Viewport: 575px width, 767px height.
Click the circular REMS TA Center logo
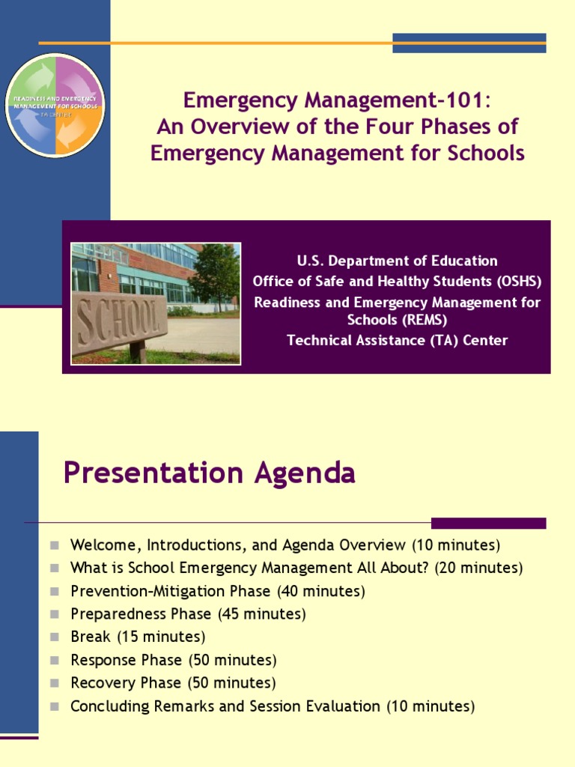tap(55, 105)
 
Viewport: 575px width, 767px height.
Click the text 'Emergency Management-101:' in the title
tap(337, 100)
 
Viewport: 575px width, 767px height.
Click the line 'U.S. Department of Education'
tap(397, 261)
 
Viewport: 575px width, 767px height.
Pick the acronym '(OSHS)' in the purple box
tap(515, 282)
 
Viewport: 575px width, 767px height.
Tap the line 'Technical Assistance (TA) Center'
tap(397, 341)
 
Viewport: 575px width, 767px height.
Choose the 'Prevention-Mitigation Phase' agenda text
tap(171, 592)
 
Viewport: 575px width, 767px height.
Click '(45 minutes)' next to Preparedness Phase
tap(262, 614)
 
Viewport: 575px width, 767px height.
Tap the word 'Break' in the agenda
tap(91, 637)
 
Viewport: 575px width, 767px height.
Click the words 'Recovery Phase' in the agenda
tap(126, 683)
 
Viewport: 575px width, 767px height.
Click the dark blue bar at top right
tap(469, 43)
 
